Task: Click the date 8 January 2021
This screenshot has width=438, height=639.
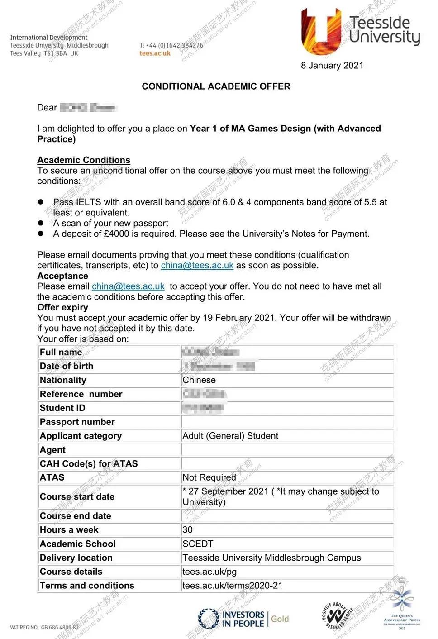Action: pos(332,66)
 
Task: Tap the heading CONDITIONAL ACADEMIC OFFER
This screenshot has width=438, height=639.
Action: pos(216,86)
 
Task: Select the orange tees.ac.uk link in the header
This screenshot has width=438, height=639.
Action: pos(155,53)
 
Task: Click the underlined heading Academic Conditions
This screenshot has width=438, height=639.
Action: pos(84,160)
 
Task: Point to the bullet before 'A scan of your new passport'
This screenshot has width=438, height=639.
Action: pos(41,223)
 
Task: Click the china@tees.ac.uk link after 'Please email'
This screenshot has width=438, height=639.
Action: pos(128,286)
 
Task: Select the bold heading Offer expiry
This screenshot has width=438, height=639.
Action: pos(62,307)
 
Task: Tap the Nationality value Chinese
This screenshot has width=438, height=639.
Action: pos(199,380)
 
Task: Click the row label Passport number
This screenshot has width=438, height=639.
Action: pos(77,422)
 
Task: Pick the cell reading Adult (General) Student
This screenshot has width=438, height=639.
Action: pos(230,436)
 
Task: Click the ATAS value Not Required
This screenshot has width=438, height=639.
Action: pos(209,477)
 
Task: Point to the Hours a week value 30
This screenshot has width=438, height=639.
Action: pos(187,530)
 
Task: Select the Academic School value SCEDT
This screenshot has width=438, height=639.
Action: pos(198,544)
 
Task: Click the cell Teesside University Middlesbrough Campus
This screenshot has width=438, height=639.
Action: pos(271,558)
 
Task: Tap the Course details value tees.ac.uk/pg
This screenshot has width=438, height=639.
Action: pos(209,572)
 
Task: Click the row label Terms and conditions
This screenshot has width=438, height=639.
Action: pos(87,586)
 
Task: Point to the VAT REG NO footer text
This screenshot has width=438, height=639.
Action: pos(44,628)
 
